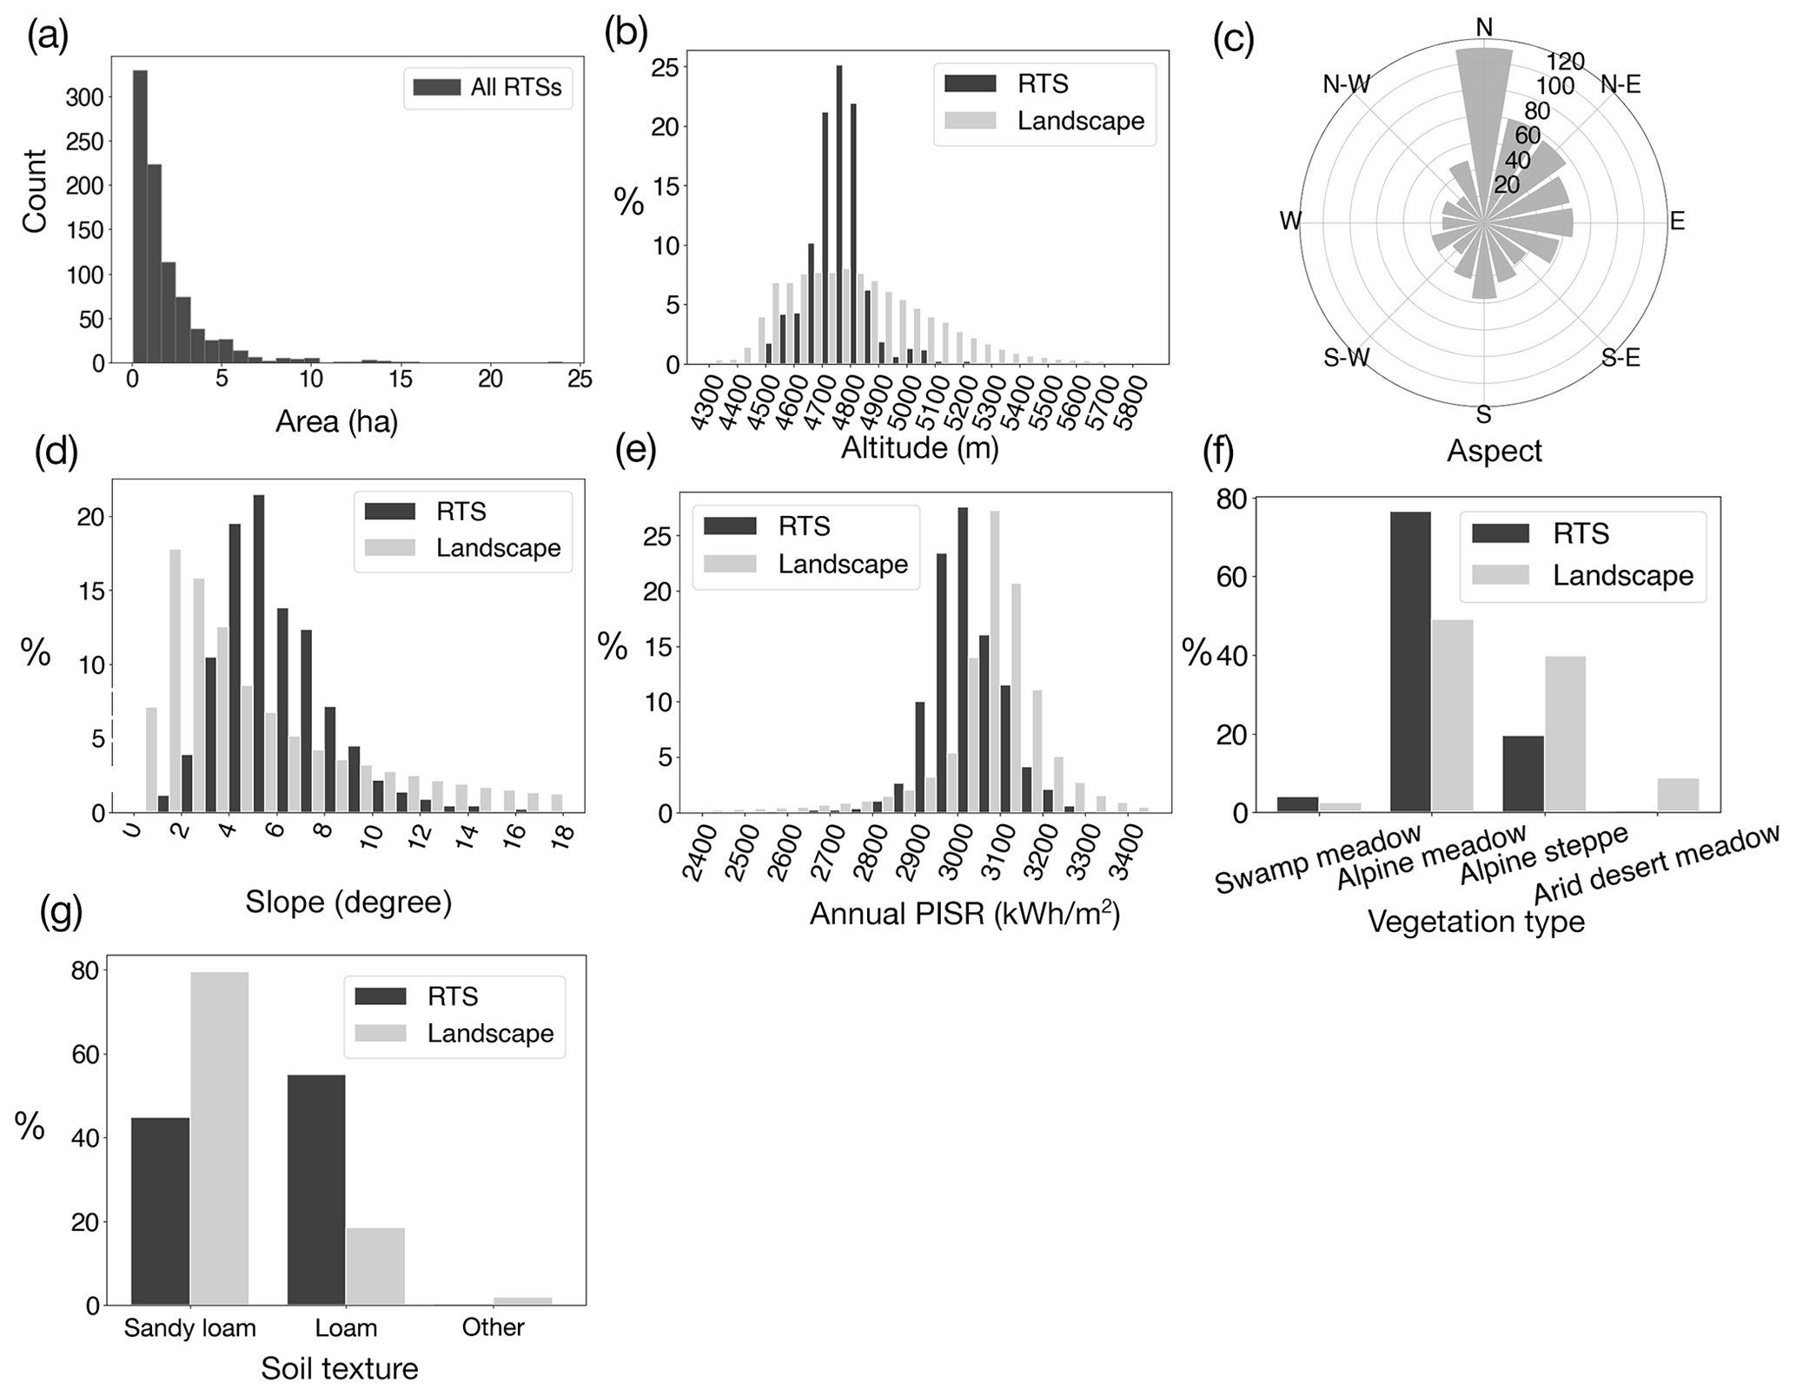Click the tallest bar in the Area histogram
(x=140, y=217)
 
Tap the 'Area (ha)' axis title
(x=336, y=422)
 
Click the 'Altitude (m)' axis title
(x=919, y=448)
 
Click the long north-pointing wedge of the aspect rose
(x=1484, y=113)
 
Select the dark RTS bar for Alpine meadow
(x=1409, y=661)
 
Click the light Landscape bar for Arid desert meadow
(x=1678, y=795)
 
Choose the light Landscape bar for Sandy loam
(x=219, y=1138)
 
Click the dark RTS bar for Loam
(x=316, y=1189)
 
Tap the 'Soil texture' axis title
(x=340, y=1370)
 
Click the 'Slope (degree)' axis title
(x=348, y=902)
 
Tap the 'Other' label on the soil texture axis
(x=493, y=1328)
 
